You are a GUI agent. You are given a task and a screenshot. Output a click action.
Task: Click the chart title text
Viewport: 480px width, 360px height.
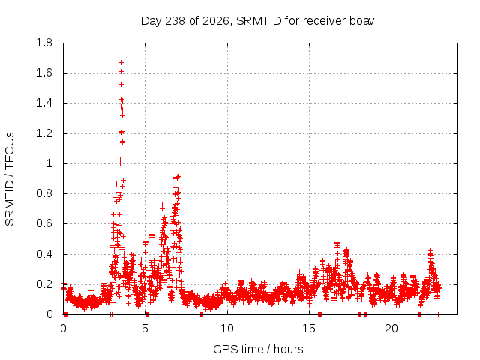pyautogui.click(x=257, y=21)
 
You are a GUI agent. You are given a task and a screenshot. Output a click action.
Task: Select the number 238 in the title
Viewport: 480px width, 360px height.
pyautogui.click(x=175, y=21)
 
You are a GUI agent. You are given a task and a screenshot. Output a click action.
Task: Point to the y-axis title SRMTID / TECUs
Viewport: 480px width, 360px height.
pyautogui.click(x=10, y=179)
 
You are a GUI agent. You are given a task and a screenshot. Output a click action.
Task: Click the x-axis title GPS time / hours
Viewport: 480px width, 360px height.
pyautogui.click(x=258, y=349)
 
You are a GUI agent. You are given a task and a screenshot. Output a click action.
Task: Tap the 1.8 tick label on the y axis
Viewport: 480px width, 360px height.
pyautogui.click(x=44, y=43)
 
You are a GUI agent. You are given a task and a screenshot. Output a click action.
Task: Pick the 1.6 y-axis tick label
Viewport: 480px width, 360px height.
pyautogui.click(x=44, y=73)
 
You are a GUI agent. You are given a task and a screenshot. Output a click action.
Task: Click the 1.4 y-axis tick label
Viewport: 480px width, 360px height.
pyautogui.click(x=44, y=103)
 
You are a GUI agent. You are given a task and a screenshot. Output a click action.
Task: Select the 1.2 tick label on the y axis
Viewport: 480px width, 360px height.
pyautogui.click(x=44, y=133)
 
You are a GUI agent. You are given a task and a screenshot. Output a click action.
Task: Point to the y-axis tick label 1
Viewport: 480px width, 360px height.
pyautogui.click(x=49, y=163)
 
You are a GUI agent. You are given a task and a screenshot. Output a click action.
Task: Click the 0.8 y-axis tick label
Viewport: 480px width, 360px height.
pyautogui.click(x=44, y=193)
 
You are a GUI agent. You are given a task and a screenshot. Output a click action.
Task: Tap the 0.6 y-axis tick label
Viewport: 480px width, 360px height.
pyautogui.click(x=44, y=223)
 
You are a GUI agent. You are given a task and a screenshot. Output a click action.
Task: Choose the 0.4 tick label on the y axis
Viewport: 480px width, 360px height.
pyautogui.click(x=44, y=254)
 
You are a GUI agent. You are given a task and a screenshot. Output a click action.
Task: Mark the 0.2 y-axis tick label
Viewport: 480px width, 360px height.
pyautogui.click(x=44, y=284)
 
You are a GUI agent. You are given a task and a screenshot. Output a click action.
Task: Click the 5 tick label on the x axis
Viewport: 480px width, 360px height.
pyautogui.click(x=145, y=328)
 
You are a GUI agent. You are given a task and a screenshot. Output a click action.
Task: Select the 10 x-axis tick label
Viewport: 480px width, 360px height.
pyautogui.click(x=227, y=328)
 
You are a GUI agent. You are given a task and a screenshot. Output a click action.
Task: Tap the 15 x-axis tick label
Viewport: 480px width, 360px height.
pyautogui.click(x=309, y=328)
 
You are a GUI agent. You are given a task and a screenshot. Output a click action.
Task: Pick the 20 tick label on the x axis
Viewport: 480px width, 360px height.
pyautogui.click(x=391, y=328)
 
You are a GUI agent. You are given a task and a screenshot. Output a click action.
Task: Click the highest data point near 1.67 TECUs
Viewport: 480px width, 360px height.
pyautogui.click(x=121, y=63)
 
